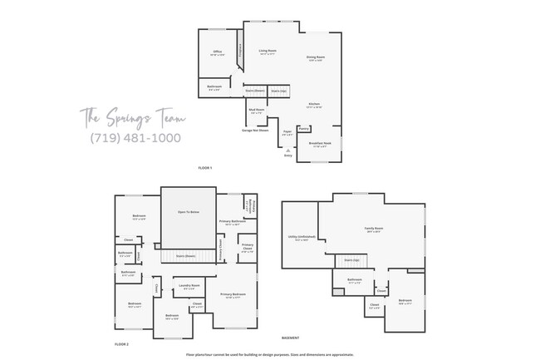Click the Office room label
217,53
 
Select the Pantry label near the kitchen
304,128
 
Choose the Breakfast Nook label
321,145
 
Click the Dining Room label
317,58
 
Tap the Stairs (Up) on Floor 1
278,90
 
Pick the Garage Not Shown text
254,130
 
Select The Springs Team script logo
128,116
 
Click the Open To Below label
188,212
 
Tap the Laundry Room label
189,285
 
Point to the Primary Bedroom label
233,294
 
